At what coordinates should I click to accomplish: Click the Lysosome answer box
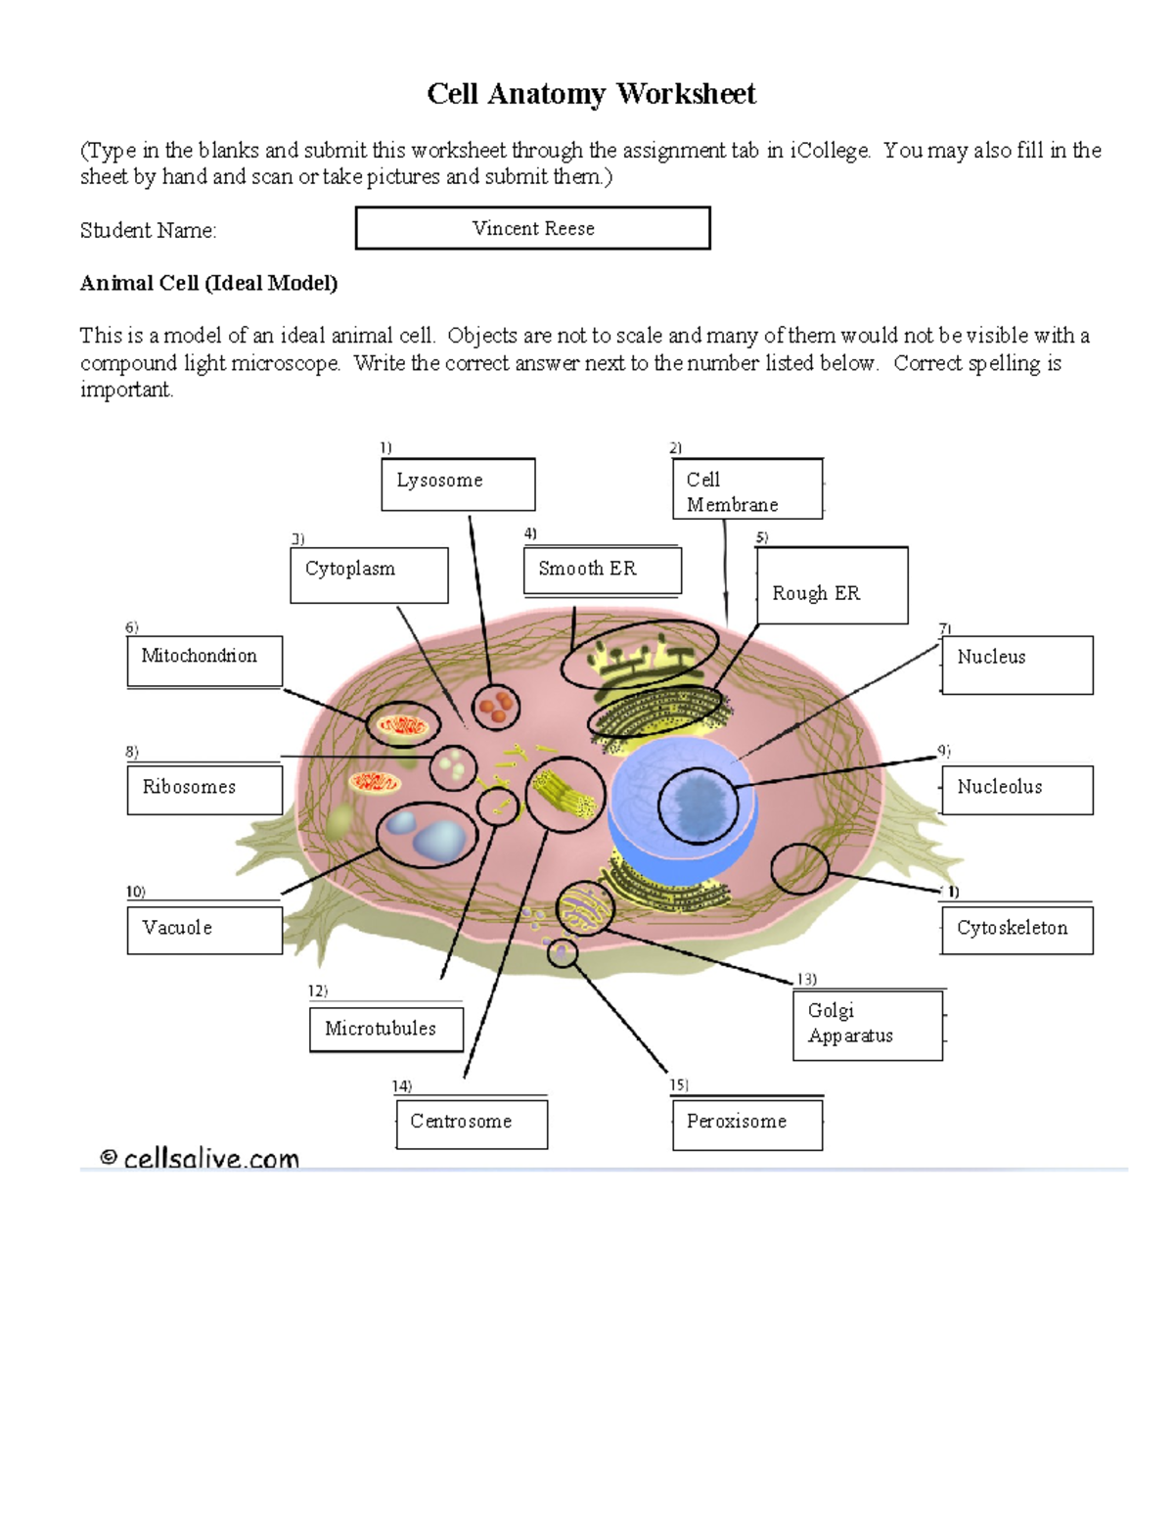[x=458, y=484]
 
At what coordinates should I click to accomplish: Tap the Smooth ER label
[x=601, y=571]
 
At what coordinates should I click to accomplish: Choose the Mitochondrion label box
[x=204, y=661]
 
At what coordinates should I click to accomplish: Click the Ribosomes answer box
[x=204, y=789]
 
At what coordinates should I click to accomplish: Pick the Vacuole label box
[x=204, y=929]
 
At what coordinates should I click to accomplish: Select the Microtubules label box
[x=385, y=1030]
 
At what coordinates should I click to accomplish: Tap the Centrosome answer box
[x=472, y=1123]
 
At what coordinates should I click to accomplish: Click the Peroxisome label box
[x=747, y=1123]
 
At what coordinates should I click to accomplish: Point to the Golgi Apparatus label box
[x=867, y=1024]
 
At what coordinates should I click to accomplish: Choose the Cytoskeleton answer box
[x=1016, y=929]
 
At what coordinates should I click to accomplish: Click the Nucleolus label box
[x=1016, y=789]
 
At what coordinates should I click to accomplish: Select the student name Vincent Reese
[x=533, y=228]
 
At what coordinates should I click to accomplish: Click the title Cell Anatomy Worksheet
[x=591, y=94]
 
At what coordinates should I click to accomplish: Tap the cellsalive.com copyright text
[x=200, y=1158]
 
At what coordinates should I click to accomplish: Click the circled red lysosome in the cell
[x=496, y=707]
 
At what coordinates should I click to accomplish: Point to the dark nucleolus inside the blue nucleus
[x=698, y=805]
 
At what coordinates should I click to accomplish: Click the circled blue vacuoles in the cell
[x=427, y=834]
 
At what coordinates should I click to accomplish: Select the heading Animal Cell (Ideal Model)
[x=208, y=283]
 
